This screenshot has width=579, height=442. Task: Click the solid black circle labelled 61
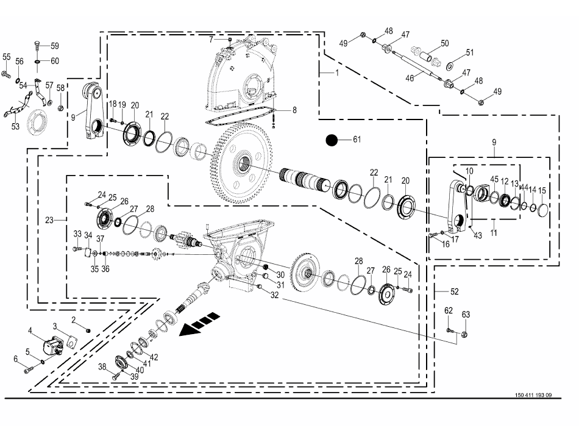point(332,140)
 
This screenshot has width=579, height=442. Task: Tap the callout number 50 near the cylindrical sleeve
point(444,43)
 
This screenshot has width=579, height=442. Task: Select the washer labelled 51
point(452,65)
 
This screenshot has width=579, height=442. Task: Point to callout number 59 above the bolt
point(54,46)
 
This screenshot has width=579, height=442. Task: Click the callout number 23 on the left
point(50,219)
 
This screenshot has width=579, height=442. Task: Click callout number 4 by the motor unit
point(30,331)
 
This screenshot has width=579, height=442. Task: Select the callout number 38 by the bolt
point(103,366)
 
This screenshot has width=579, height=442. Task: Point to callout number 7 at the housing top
point(211,40)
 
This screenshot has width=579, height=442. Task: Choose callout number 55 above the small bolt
point(7,57)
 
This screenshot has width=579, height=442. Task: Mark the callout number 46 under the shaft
point(410,78)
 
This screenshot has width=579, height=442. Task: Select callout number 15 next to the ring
point(542,191)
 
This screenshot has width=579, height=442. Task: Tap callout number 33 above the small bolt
point(77,234)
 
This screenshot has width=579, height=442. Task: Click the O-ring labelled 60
point(38,62)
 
